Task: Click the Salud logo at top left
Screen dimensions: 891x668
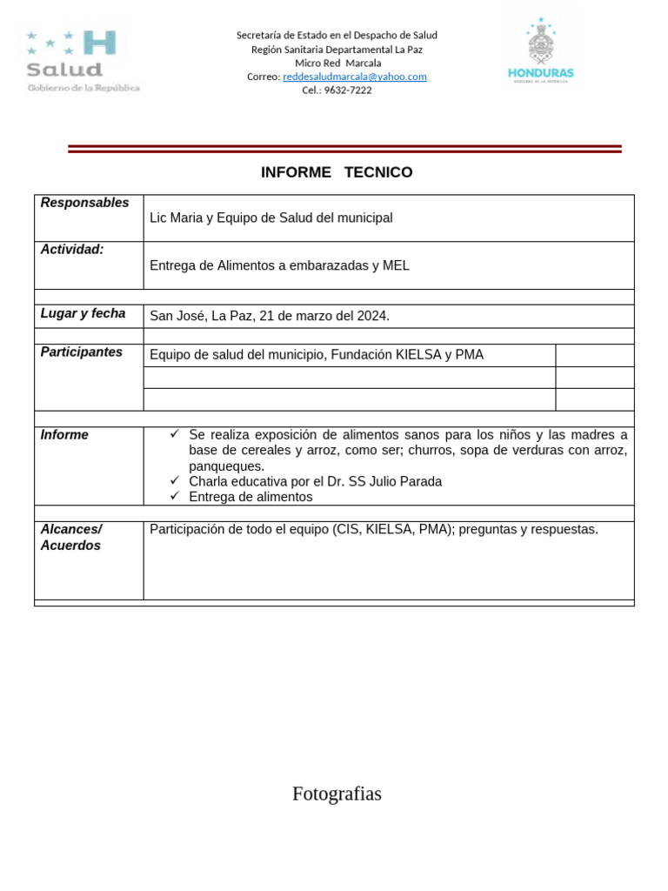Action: pos(82,61)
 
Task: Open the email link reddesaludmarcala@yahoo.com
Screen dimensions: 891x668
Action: pos(354,77)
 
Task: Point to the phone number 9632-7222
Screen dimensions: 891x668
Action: pos(347,90)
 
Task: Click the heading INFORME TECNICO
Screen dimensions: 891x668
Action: pos(337,172)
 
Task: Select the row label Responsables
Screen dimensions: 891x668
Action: pos(84,203)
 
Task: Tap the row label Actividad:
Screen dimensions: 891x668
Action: pos(72,250)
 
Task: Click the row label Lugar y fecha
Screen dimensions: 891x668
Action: pos(83,313)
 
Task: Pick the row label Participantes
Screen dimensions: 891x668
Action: pos(81,352)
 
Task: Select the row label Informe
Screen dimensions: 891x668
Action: pos(64,435)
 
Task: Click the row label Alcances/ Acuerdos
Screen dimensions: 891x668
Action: pos(70,537)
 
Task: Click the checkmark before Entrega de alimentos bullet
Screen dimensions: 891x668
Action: pos(175,496)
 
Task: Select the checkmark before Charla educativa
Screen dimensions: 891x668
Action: pos(175,480)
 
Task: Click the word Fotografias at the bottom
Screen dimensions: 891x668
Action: pos(337,794)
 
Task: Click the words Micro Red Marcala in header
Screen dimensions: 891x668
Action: pos(337,63)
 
